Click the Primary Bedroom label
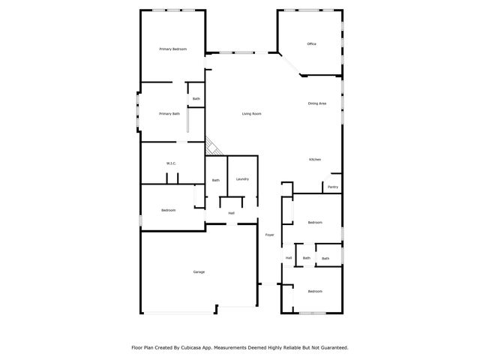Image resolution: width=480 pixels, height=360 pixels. coord(172,49)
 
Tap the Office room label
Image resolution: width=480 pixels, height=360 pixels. coord(311,43)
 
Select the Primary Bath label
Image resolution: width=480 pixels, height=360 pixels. coord(169,113)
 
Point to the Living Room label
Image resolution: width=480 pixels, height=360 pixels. coord(251,113)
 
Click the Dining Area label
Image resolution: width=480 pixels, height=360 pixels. coord(316,103)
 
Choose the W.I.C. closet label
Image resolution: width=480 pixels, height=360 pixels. coord(170,163)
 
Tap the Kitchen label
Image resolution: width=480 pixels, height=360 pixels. coord(316,160)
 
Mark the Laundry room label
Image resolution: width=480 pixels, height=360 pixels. coord(242,179)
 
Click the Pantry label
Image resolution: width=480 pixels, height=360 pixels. coord(332,187)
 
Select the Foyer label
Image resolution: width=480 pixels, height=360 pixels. coord(269,235)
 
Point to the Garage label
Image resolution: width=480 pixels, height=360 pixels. coord(199,271)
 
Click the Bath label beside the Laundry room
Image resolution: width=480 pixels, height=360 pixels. coord(215,180)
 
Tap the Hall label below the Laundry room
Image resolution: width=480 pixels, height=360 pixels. coord(232,213)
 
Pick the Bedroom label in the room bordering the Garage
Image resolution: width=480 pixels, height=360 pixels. coord(168,210)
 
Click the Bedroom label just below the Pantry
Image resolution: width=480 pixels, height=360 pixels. coord(315,222)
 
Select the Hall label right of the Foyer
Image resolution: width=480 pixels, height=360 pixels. coord(288,258)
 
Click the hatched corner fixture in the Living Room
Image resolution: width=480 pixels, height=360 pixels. coord(212,147)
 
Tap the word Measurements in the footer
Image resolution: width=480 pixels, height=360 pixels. coord(233,348)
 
